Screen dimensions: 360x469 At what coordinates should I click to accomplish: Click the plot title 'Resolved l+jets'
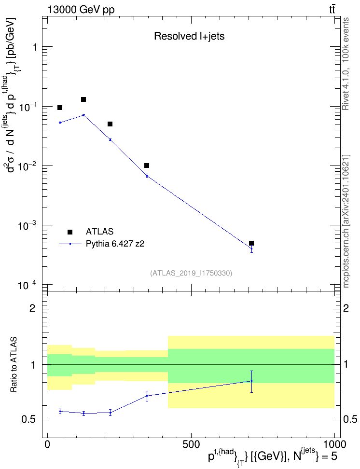[189, 36]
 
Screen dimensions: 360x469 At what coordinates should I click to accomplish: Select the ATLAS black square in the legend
[70, 232]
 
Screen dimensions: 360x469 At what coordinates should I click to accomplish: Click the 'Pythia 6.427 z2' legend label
[115, 244]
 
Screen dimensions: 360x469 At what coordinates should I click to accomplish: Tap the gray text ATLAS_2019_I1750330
[191, 273]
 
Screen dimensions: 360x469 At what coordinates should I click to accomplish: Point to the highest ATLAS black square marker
[83, 99]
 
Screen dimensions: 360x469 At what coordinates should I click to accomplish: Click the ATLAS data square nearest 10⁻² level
[147, 166]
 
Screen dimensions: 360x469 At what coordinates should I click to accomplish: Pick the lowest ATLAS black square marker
[251, 243]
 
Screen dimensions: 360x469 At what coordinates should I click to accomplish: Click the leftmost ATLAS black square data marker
[60, 108]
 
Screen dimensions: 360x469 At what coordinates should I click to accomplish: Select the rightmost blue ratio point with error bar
[252, 381]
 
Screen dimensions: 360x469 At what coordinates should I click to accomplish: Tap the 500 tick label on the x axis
[191, 444]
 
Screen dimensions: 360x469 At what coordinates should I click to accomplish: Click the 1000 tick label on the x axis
[334, 444]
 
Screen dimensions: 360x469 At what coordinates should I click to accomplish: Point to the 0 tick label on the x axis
[47, 444]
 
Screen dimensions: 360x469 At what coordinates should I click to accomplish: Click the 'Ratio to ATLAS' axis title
[14, 365]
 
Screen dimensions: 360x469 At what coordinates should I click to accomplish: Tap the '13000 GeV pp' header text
[81, 10]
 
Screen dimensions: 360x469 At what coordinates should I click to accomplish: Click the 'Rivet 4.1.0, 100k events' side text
[346, 64]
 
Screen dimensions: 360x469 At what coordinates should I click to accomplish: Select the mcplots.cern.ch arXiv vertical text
[346, 221]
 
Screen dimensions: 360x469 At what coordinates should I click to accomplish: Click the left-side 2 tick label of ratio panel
[32, 308]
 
